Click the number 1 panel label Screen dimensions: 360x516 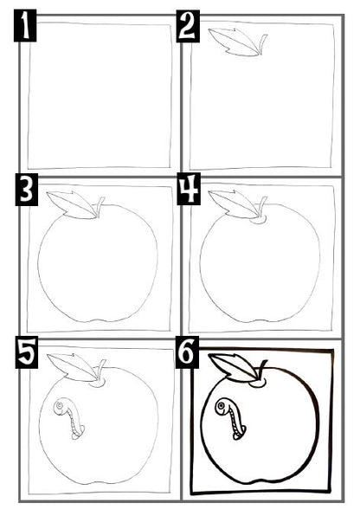(x=25, y=26)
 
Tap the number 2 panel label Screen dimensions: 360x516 (x=188, y=26)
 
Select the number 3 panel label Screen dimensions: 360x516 (x=26, y=190)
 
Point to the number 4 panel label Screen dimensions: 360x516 (x=189, y=190)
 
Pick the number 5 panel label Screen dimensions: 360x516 (x=26, y=352)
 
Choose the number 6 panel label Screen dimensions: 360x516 (x=188, y=352)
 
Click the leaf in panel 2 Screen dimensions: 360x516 (x=233, y=42)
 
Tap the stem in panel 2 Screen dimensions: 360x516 (x=262, y=45)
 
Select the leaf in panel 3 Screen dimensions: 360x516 (x=72, y=204)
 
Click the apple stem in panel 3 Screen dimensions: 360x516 (x=100, y=207)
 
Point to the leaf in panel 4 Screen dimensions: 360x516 (x=233, y=204)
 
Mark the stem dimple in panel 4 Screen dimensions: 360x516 (x=259, y=220)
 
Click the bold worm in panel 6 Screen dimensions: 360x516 (x=231, y=418)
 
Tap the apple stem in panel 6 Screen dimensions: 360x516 (x=262, y=371)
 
